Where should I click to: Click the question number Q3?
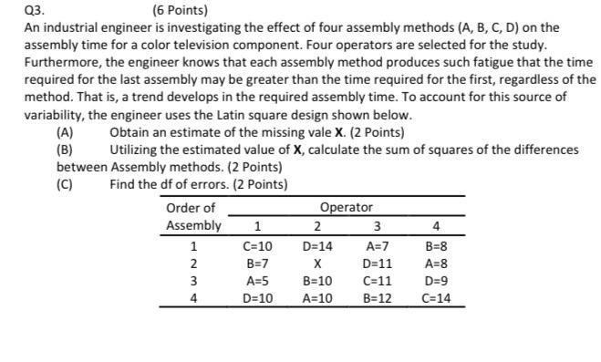coord(14,12)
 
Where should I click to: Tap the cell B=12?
coord(377,297)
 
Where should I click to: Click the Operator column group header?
coord(347,208)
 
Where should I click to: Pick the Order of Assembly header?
coord(192,217)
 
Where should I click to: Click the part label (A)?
coord(65,133)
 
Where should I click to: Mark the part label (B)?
coord(65,150)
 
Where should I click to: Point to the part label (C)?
coord(65,184)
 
